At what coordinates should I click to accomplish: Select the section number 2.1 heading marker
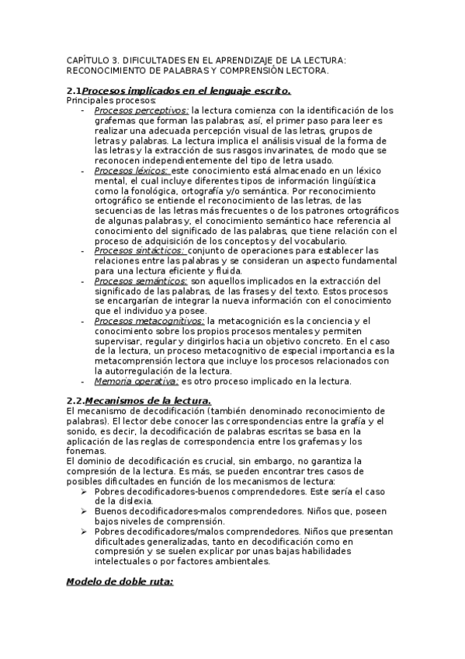pyautogui.click(x=74, y=91)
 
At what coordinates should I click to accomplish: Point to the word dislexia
pyautogui.click(x=130, y=501)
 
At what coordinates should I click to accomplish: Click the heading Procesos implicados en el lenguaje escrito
pyautogui.click(x=186, y=91)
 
